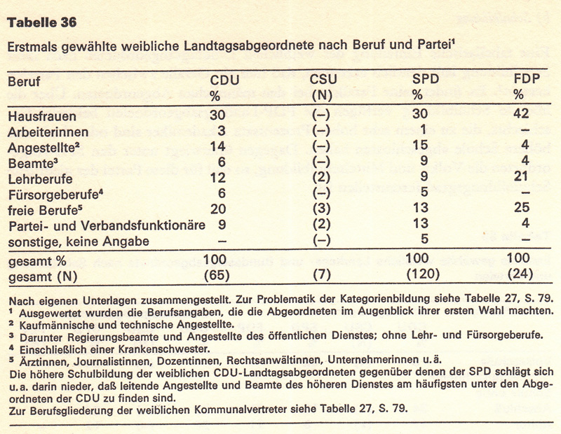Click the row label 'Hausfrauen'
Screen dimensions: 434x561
pos(38,115)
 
